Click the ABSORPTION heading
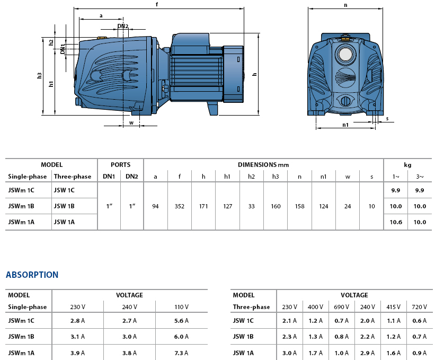[32, 275]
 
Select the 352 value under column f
[180, 206]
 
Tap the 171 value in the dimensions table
[203, 206]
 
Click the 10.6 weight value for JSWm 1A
[396, 222]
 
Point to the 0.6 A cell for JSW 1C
[418, 321]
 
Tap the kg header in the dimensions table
[407, 165]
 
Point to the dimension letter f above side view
[157, 4]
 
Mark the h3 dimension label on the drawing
[40, 76]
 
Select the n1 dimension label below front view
[345, 126]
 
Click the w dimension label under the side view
[131, 123]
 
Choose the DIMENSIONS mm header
[263, 165]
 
